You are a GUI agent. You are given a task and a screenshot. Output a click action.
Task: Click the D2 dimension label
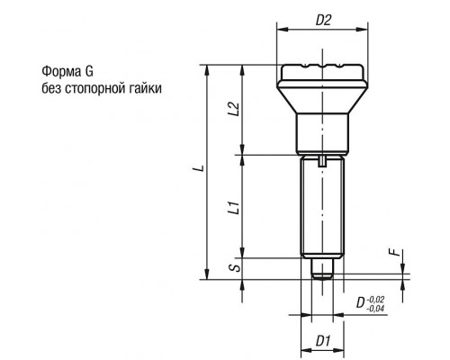point(323,21)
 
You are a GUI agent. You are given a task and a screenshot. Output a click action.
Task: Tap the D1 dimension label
point(322,341)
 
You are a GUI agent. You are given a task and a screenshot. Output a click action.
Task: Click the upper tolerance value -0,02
point(375,299)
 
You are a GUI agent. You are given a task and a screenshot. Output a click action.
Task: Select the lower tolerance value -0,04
point(375,309)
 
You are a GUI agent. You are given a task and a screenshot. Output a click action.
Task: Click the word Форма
point(58,72)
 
